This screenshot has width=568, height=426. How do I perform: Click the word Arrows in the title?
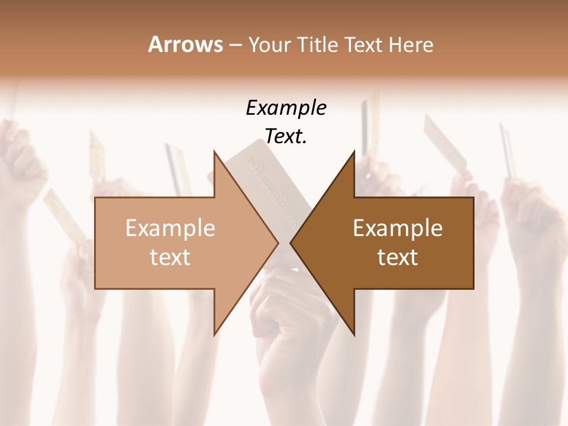click(185, 44)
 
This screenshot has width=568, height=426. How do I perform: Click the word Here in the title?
click(412, 44)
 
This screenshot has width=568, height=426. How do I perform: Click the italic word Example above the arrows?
click(286, 108)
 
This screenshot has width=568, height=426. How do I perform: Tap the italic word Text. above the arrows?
click(286, 137)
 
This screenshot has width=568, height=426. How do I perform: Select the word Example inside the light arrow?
click(170, 228)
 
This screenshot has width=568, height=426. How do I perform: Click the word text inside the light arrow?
click(170, 257)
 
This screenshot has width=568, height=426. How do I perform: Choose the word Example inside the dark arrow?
click(398, 228)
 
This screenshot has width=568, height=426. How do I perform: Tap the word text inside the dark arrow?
click(398, 257)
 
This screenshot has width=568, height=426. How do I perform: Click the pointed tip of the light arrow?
click(277, 243)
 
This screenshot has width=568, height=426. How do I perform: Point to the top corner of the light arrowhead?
click(214, 151)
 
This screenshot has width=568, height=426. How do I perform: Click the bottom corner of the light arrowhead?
click(214, 334)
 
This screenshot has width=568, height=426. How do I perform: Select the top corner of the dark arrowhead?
click(354, 151)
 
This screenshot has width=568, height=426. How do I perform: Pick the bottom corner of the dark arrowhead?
click(354, 334)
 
